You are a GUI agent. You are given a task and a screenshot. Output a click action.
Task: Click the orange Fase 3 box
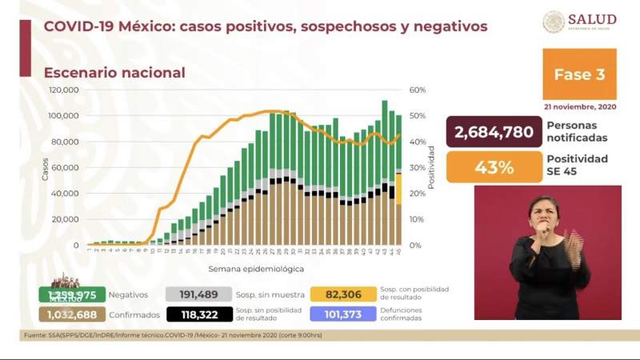pos(579,74)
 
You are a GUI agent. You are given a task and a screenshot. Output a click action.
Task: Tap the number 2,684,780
pos(493,131)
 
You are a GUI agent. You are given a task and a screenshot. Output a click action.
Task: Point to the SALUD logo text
pos(592,19)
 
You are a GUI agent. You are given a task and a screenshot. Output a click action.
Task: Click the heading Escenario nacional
pos(114,73)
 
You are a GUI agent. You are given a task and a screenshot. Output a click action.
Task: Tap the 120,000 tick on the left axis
pos(64,90)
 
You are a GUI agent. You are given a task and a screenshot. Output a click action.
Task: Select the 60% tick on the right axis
pos(416,90)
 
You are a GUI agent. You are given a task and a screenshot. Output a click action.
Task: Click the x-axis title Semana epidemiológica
pos(256,269)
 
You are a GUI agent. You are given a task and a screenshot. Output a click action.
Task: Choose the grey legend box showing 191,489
pos(198,294)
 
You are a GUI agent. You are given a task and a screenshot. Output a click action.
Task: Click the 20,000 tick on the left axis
pos(66,219)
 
